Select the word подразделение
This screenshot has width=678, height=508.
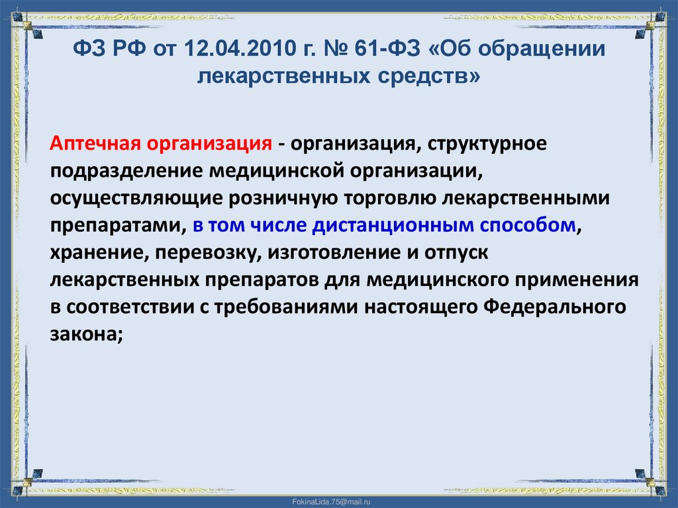tap(126, 172)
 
